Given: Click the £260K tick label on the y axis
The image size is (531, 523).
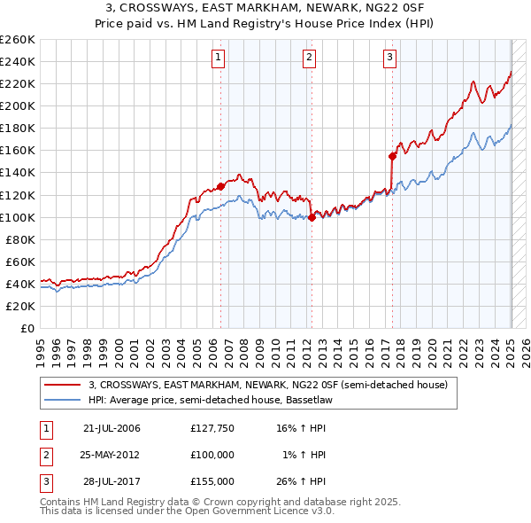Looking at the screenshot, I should (x=18, y=40).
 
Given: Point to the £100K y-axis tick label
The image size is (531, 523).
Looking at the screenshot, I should (x=18, y=217).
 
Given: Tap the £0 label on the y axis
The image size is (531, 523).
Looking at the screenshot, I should (x=27, y=328).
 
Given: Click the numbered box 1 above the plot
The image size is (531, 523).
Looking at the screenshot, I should (x=219, y=59).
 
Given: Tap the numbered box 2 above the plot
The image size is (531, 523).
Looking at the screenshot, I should (x=310, y=59).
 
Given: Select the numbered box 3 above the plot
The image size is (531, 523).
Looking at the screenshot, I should (x=390, y=59).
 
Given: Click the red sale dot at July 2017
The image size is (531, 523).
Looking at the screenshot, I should (x=392, y=155).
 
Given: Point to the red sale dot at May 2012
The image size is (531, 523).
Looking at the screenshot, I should (x=312, y=217).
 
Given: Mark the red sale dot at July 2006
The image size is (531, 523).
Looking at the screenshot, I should (x=220, y=186).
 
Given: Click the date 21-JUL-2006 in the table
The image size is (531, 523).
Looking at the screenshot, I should (x=112, y=428).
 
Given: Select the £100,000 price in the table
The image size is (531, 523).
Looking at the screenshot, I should (x=212, y=455).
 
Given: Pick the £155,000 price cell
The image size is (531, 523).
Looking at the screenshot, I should (x=212, y=481).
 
